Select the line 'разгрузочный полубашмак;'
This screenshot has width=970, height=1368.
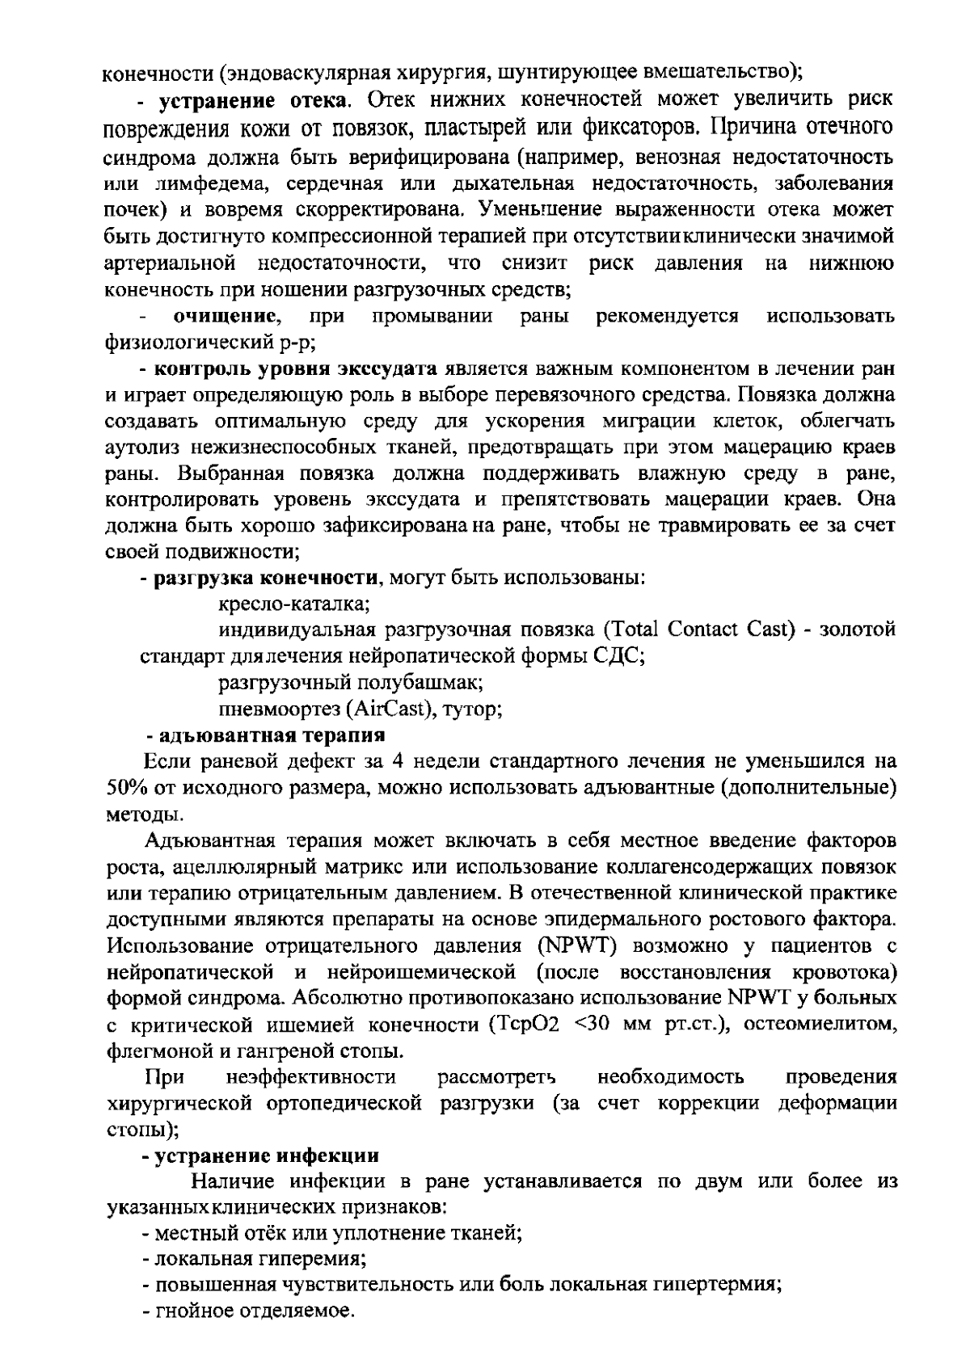(352, 683)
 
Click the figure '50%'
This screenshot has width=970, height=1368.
(124, 788)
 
